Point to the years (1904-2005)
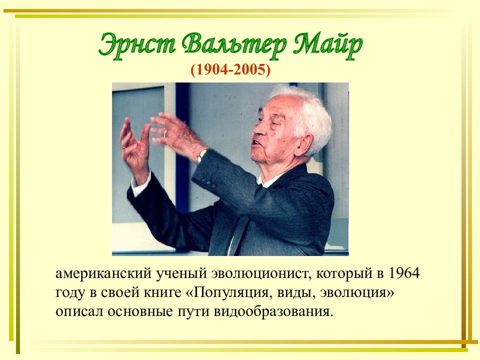[230, 70]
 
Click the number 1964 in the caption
[404, 273]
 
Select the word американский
[103, 273]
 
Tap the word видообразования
[272, 312]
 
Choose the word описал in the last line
[79, 312]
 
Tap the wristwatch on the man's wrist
[201, 155]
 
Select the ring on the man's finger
[165, 133]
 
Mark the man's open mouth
[254, 143]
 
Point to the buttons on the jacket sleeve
[209, 181]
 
